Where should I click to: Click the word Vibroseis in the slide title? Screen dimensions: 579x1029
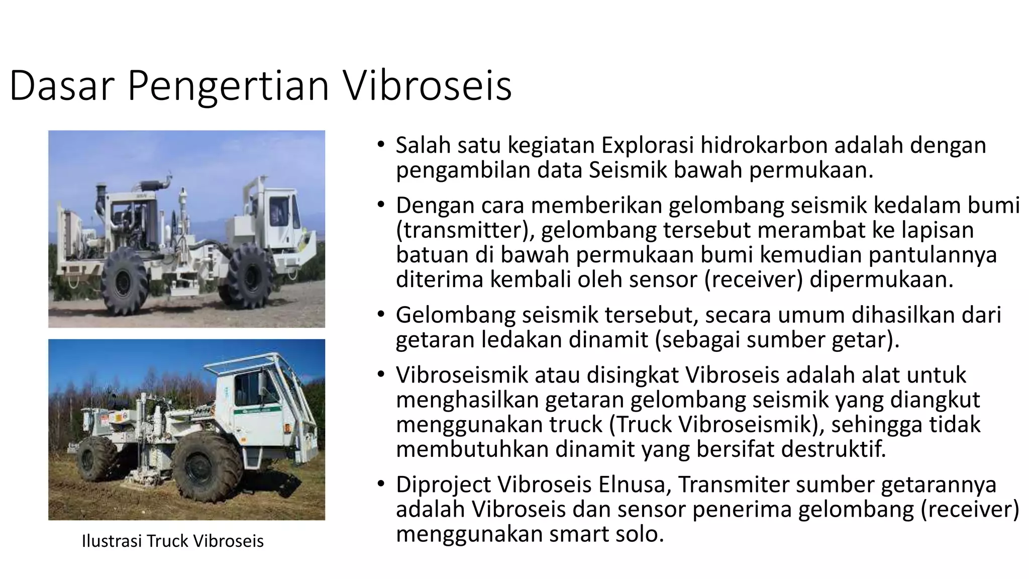[427, 85]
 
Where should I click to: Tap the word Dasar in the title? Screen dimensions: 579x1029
[62, 85]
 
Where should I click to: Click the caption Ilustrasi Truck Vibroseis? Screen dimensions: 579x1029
[172, 541]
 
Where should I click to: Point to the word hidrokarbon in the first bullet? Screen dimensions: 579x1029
[764, 145]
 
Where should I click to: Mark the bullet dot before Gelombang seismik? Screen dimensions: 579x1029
[381, 315]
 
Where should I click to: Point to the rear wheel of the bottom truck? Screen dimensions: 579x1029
[95, 458]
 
